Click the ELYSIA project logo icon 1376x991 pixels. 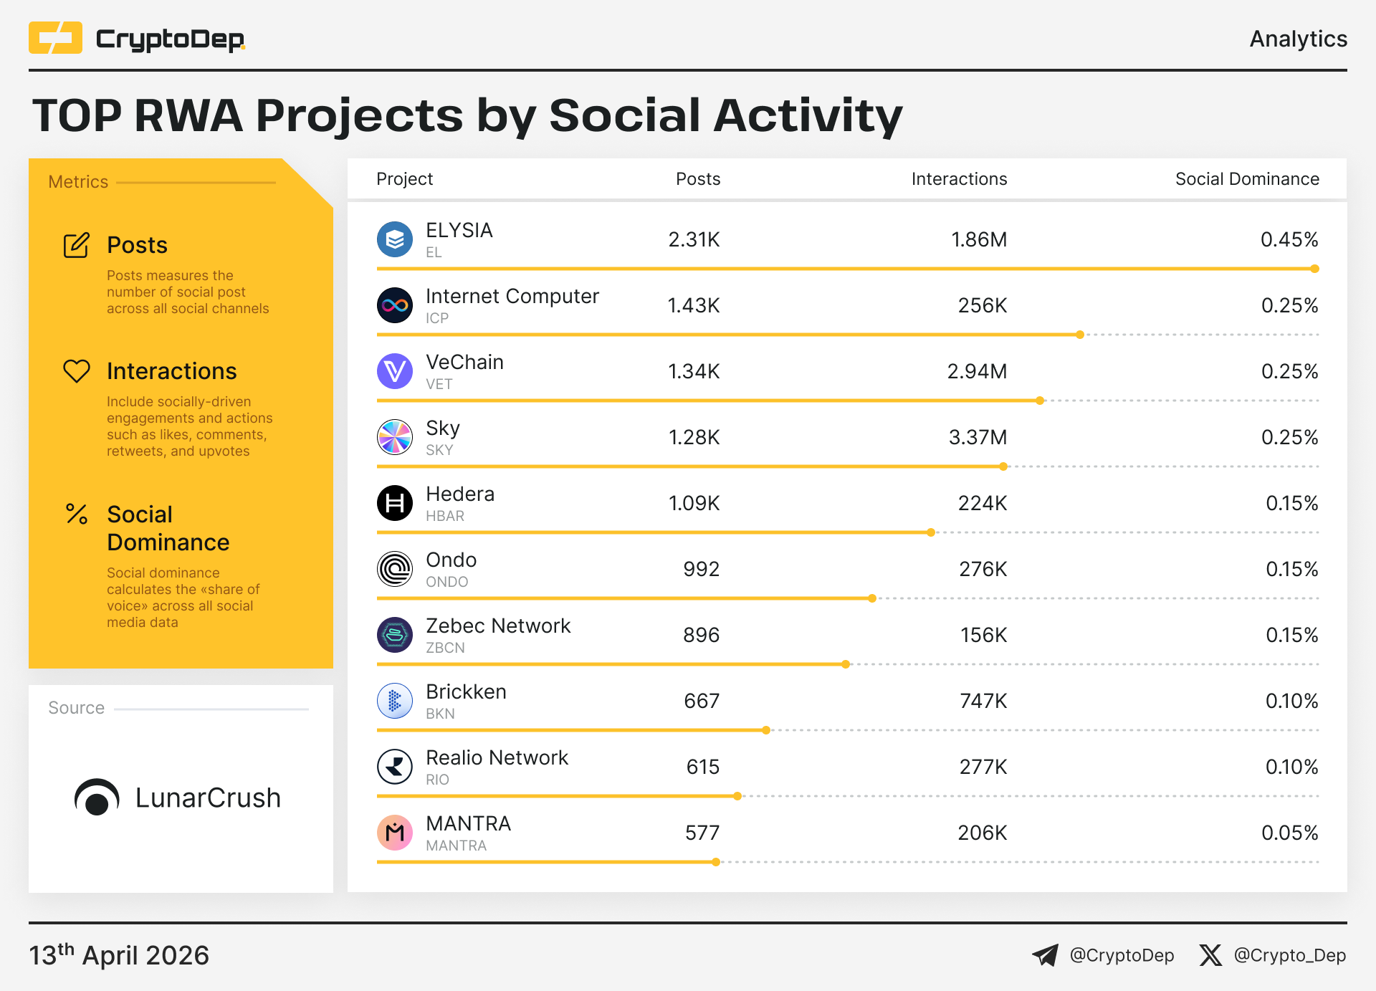click(395, 239)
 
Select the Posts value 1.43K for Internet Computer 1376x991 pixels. click(693, 306)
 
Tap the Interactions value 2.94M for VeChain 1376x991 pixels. click(977, 372)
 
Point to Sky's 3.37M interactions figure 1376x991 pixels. click(978, 438)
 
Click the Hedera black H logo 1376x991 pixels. click(395, 503)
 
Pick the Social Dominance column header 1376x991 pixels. click(1247, 179)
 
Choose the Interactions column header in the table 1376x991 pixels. click(959, 179)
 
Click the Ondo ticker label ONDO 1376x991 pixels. click(446, 582)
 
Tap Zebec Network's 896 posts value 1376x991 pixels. click(701, 636)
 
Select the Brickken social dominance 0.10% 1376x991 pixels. click(1291, 702)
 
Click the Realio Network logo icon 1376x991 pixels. click(395, 767)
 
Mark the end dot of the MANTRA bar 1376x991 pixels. click(716, 862)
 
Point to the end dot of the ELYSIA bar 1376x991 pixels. click(1314, 269)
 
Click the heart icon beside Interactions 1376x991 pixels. click(77, 371)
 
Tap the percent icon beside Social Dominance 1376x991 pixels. click(77, 514)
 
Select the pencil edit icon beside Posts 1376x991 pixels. click(77, 245)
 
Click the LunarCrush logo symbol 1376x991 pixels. click(97, 798)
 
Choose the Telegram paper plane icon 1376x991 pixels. click(1045, 955)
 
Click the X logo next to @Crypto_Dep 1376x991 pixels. click(1210, 955)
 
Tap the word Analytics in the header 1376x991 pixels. click(1298, 39)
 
